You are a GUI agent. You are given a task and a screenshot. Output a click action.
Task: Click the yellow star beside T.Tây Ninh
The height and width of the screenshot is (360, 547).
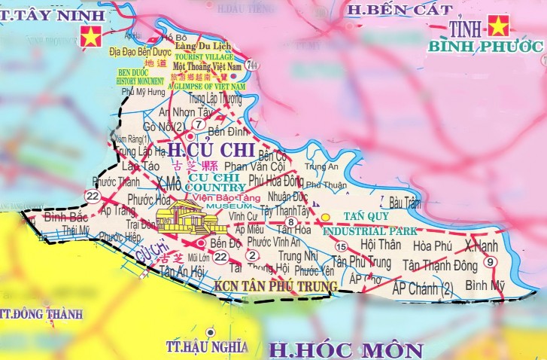(90, 35)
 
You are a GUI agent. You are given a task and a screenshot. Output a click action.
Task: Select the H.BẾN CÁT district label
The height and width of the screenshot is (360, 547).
(400, 10)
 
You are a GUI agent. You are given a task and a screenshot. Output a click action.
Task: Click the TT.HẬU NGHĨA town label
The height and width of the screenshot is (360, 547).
(205, 346)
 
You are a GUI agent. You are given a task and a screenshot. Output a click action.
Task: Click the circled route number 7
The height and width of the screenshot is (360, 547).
(198, 124)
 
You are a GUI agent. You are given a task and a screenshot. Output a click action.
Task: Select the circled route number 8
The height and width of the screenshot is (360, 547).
(290, 222)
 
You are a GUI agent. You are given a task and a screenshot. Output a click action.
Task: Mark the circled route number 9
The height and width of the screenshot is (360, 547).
(491, 261)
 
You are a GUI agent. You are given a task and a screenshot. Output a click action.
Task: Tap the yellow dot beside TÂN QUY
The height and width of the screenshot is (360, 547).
(325, 218)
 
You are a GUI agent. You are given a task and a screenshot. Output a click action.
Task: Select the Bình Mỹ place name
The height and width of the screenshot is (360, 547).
(485, 285)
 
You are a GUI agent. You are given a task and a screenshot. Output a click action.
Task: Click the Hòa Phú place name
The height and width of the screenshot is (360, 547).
(432, 246)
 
